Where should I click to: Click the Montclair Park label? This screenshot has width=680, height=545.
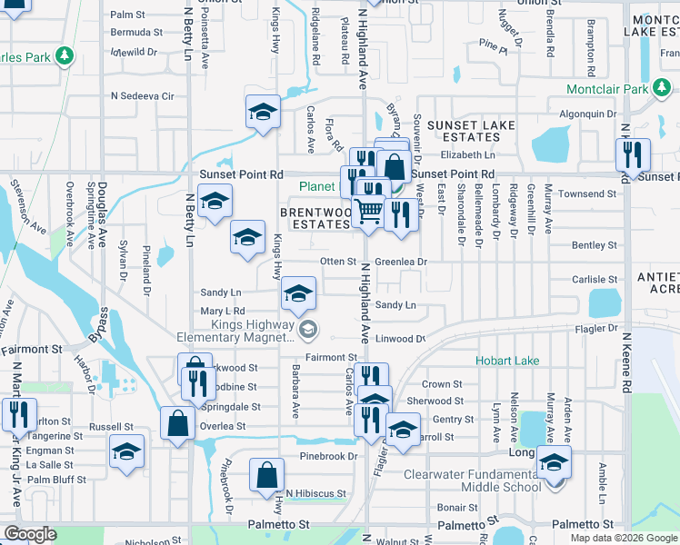pos(607,89)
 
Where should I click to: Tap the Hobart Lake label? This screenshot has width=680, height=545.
pos(507,361)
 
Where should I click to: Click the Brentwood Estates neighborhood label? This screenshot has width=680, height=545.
pos(315,217)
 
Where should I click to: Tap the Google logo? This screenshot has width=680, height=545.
pos(30,534)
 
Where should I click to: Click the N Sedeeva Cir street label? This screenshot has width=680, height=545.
pos(142,95)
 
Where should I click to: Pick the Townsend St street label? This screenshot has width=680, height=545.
pos(586,193)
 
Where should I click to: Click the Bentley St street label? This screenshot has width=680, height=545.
pos(595,245)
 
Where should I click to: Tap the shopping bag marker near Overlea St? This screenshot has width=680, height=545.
pos(176,422)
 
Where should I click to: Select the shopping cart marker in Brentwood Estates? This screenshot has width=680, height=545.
pos(367,212)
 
